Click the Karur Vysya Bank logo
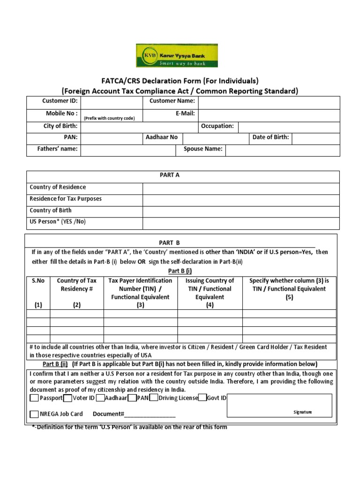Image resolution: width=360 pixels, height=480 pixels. [177, 56]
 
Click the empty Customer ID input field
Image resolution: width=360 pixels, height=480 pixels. [112, 102]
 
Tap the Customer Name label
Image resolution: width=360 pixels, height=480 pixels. [172, 101]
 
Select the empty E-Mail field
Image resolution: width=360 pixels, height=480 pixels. [269, 115]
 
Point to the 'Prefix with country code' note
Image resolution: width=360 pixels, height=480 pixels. [110, 118]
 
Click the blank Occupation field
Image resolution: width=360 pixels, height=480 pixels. [289, 127]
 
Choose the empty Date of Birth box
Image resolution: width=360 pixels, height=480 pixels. [316, 139]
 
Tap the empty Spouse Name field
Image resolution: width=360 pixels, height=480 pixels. [283, 150]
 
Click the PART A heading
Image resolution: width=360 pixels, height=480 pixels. [170, 175]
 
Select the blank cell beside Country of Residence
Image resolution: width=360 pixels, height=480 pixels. [241, 188]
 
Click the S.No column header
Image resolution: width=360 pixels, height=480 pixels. [38, 281]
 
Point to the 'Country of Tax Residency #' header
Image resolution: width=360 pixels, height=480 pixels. [77, 285]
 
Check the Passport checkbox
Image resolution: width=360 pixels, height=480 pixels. [34, 398]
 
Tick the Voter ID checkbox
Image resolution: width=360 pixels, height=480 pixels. [67, 398]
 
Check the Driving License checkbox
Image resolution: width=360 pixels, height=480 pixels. [154, 398]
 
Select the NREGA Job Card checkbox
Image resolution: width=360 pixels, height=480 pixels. [34, 414]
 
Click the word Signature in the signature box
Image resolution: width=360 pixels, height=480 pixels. [302, 412]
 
